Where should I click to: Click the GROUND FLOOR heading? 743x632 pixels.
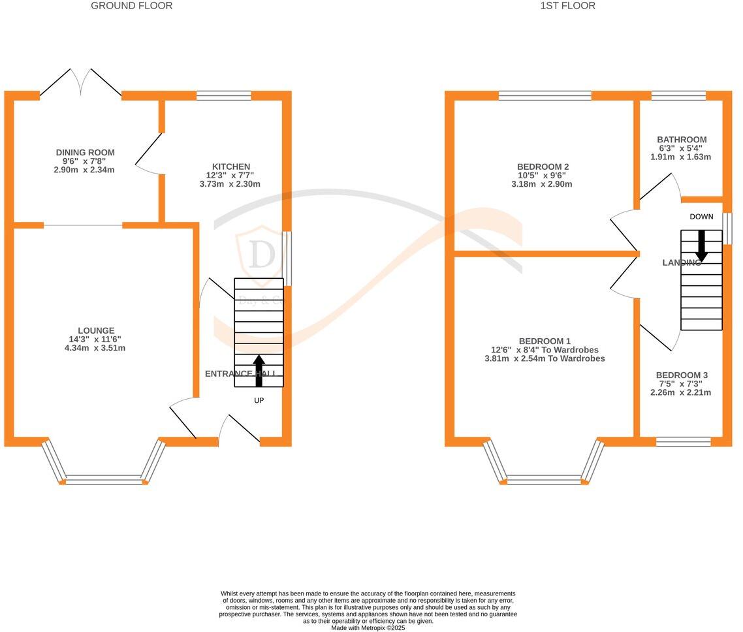(x=131, y=6)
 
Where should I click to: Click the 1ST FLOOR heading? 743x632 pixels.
(x=567, y=6)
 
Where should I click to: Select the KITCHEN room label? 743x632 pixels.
(x=230, y=167)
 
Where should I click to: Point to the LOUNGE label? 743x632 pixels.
(x=96, y=331)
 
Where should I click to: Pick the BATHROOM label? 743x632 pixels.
(x=682, y=140)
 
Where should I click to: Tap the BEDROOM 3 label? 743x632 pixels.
(x=682, y=375)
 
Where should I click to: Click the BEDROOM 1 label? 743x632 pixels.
(x=545, y=341)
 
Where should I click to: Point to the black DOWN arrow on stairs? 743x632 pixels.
(x=702, y=245)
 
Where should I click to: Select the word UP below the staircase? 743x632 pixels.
(x=259, y=400)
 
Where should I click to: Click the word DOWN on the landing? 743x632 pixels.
(x=701, y=217)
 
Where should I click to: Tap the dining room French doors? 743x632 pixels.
(x=81, y=83)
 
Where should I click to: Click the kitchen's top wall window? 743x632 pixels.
(x=224, y=95)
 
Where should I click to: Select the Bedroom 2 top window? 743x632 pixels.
(x=545, y=95)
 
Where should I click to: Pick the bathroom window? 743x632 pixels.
(x=678, y=95)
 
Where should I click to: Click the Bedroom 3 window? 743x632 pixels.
(x=683, y=442)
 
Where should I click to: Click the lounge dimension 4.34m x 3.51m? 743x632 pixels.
(x=91, y=348)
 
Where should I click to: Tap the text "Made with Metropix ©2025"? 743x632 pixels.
(x=368, y=628)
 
